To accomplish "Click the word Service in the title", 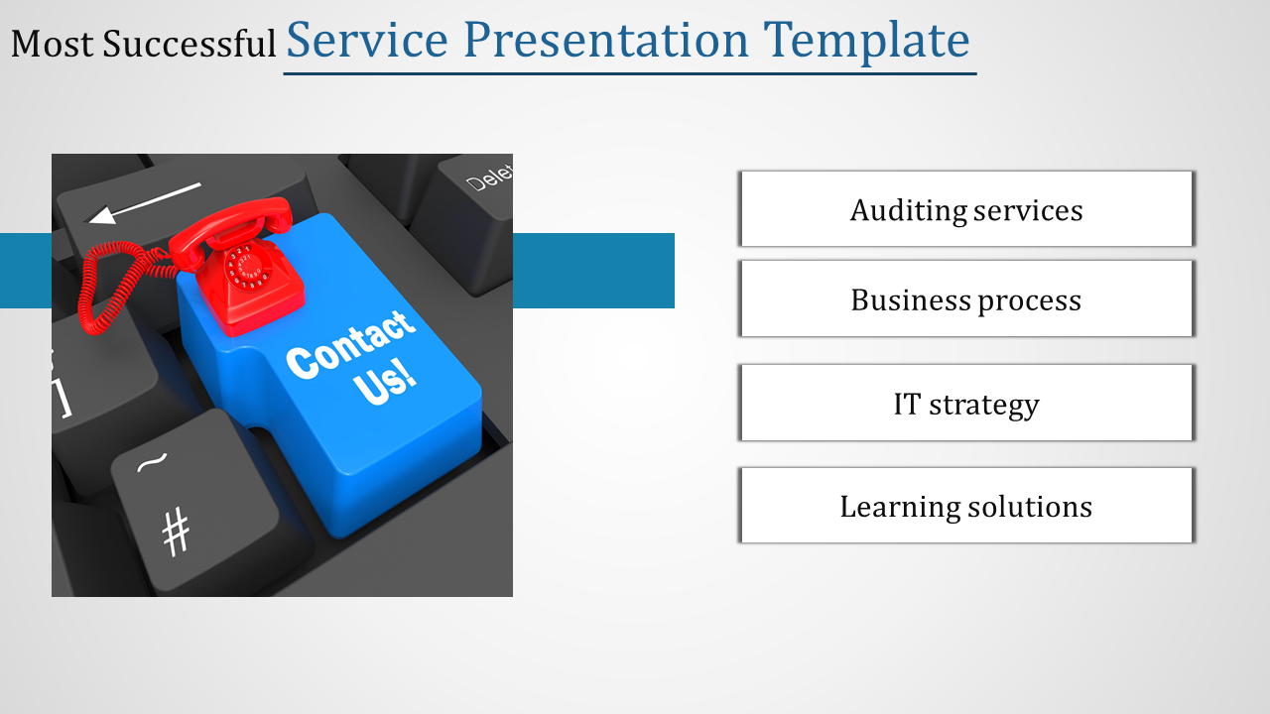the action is tap(367, 40).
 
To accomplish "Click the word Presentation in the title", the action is tap(606, 40).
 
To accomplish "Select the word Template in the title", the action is tap(866, 41).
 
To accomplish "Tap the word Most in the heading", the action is tap(53, 45).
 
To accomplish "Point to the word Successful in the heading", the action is tap(189, 45).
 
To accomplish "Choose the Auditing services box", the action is tap(966, 208).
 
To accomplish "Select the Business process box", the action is tap(966, 298).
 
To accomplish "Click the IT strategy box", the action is tap(966, 403).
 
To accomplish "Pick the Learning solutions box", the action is tap(966, 506).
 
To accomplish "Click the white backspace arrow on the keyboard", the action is tap(145, 203).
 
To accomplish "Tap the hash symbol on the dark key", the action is tap(176, 532).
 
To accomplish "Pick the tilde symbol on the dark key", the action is tap(152, 462).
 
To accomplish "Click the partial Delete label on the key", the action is tap(489, 178).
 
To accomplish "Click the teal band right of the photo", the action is tap(593, 271).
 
